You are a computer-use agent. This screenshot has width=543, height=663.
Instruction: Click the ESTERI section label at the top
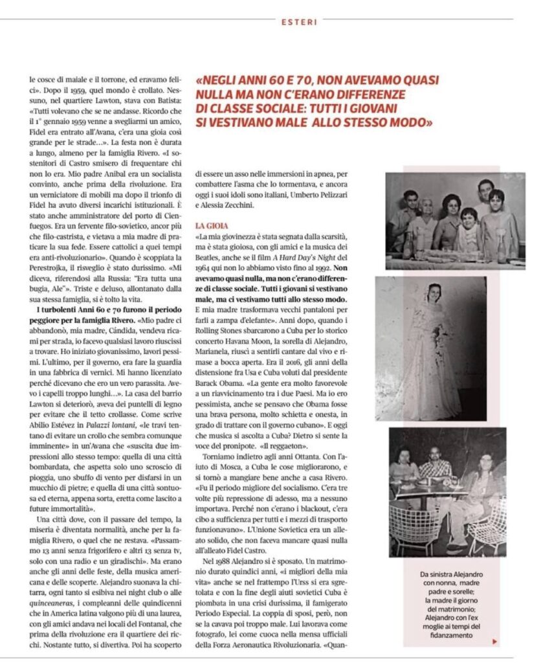pyautogui.click(x=300, y=22)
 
